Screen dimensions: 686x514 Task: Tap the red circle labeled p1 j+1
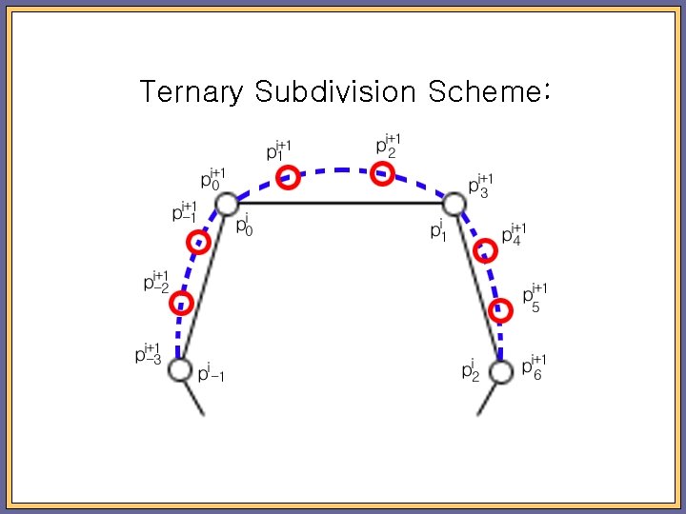tap(288, 177)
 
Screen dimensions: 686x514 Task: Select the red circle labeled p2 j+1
tap(382, 173)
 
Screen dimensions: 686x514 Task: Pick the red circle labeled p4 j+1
tap(485, 251)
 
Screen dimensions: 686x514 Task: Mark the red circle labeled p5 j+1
tap(501, 310)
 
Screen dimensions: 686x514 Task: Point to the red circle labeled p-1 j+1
tap(197, 242)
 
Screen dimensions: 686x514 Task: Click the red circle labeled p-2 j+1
tap(181, 304)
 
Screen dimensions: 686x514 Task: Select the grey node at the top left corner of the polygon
tap(226, 204)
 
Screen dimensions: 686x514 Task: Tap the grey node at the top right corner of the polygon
tap(454, 204)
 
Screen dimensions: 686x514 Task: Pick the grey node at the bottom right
tap(501, 370)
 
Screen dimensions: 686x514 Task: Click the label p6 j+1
tap(535, 366)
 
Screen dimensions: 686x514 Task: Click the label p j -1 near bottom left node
tap(211, 374)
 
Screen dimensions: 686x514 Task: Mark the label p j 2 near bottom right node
tap(470, 368)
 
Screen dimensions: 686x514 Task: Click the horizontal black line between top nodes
tap(340, 203)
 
